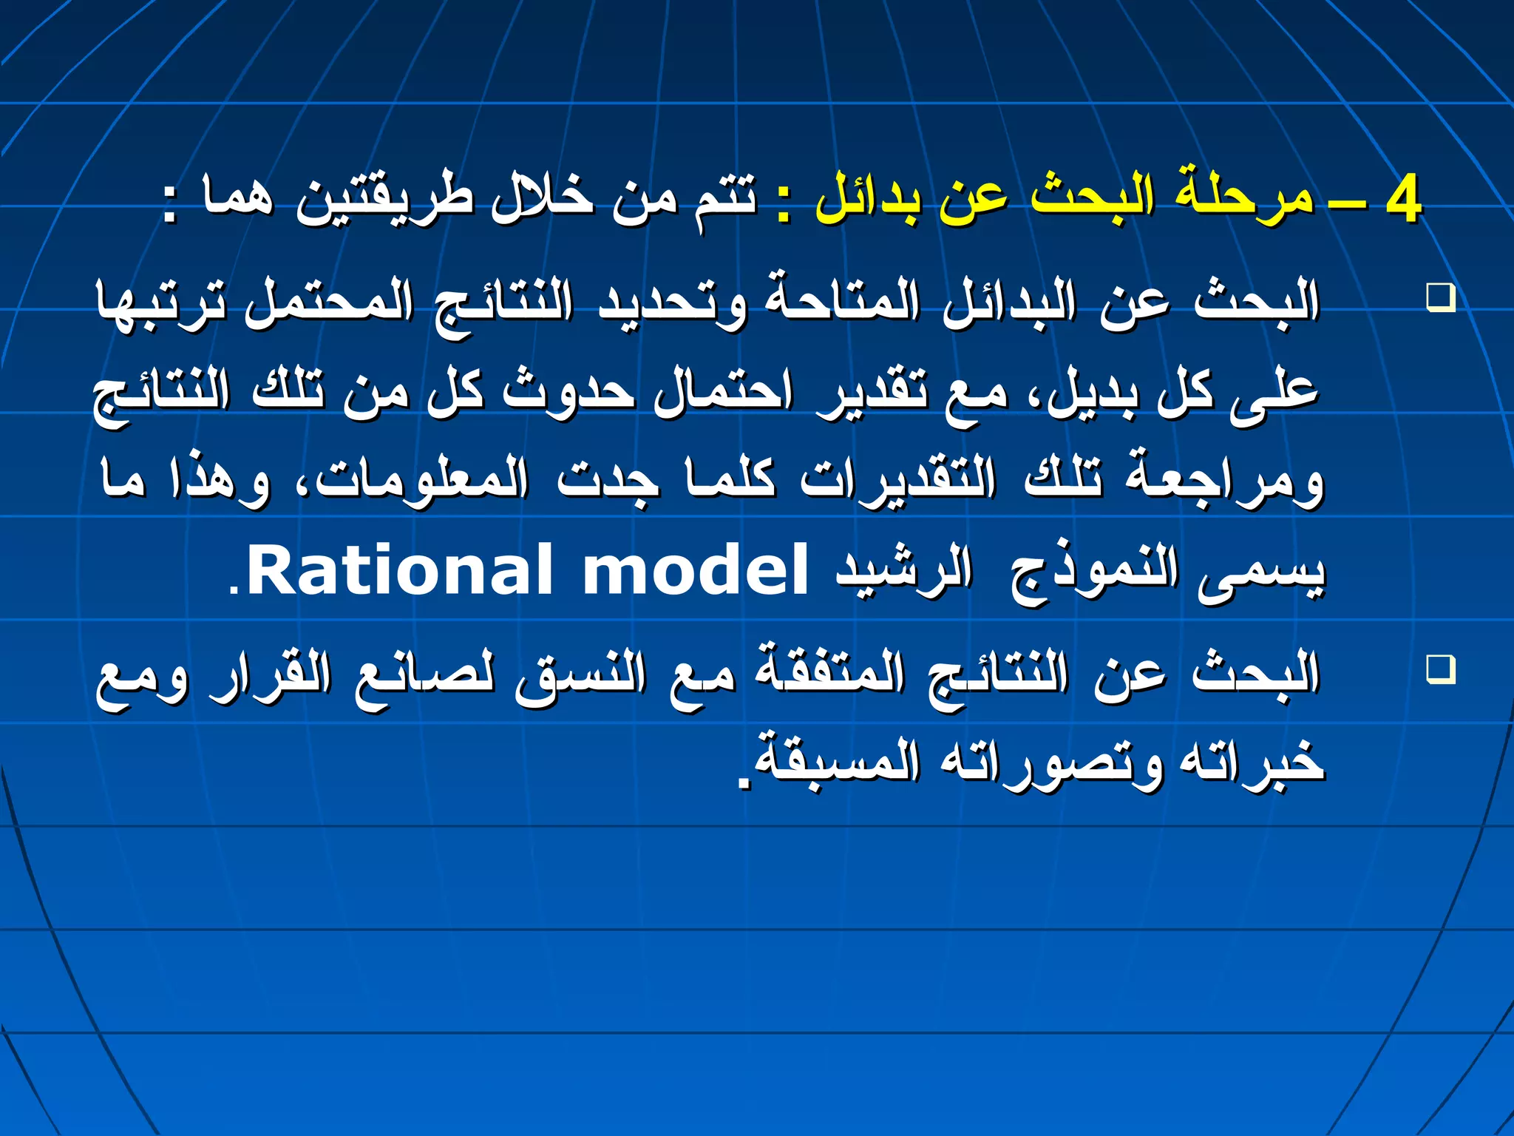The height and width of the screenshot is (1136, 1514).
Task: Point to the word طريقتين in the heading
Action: point(384,200)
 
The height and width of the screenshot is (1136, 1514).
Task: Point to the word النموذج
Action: point(1094,573)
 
